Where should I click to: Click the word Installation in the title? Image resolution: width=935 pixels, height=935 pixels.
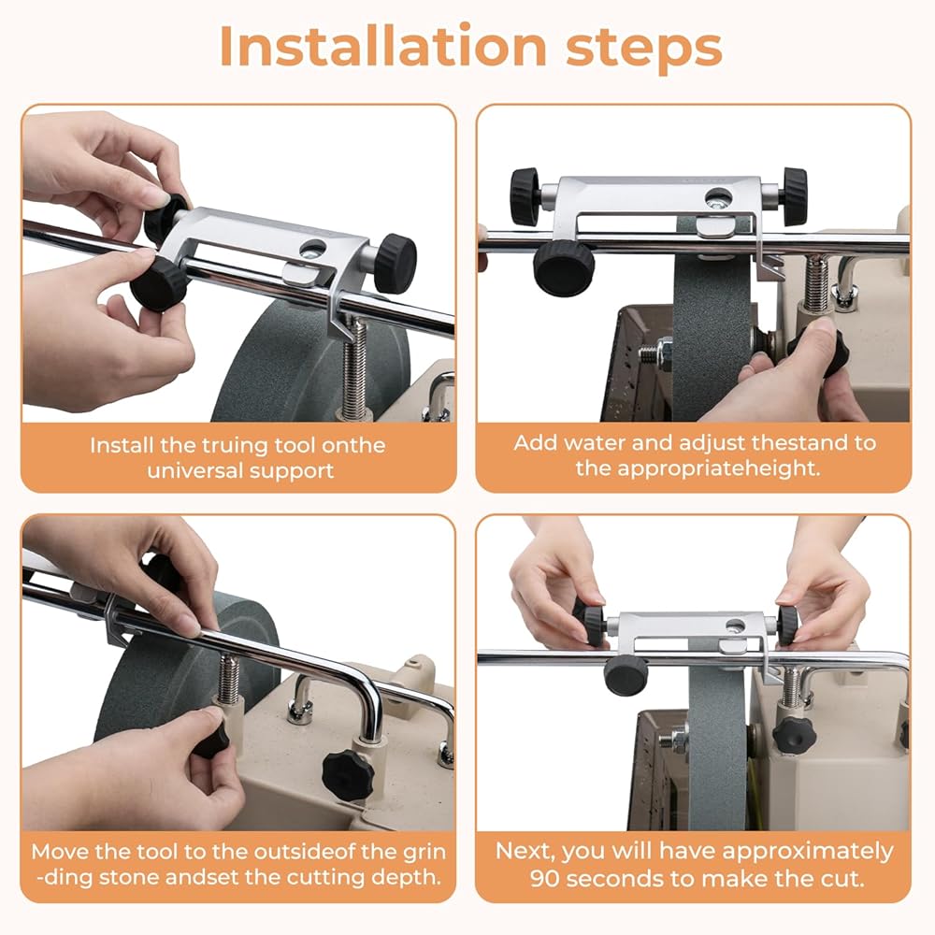tap(382, 46)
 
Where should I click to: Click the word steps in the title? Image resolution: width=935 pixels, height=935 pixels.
tap(644, 49)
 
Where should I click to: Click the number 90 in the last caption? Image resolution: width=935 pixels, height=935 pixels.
tap(544, 878)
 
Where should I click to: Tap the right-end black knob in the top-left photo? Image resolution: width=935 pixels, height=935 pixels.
tap(397, 263)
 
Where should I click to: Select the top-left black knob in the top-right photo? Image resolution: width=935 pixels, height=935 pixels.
tap(525, 196)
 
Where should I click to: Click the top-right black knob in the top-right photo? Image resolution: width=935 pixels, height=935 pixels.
tap(795, 196)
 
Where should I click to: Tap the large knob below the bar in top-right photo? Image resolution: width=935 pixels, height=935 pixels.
tap(564, 267)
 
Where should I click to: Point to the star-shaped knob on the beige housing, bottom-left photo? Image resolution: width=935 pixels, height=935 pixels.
tap(348, 775)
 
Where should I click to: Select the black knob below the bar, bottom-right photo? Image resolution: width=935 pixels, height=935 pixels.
tap(626, 675)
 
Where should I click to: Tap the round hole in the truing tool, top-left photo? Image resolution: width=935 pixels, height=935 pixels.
tap(313, 249)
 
